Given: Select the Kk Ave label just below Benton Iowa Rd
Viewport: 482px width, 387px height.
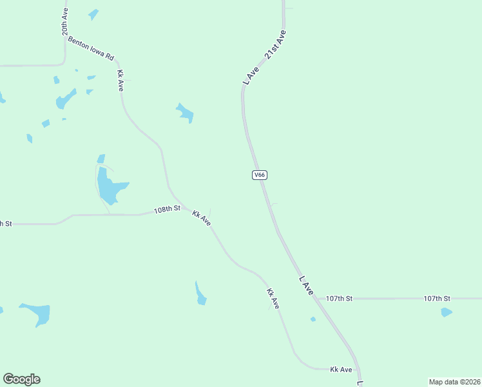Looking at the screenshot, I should point(120,80).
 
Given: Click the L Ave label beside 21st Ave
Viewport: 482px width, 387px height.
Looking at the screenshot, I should point(251,75).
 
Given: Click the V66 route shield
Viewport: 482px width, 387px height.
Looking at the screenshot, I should point(260,175).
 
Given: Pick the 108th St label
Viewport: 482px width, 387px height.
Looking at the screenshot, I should point(167,210).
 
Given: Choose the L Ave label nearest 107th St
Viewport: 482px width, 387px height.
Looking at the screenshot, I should point(306,286).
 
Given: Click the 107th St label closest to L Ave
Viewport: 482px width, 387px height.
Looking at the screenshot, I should point(339,299).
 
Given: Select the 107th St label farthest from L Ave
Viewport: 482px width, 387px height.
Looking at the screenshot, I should point(437,299).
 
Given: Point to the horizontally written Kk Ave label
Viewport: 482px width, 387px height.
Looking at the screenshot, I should point(341,370).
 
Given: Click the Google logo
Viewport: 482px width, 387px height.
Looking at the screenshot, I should point(21,379).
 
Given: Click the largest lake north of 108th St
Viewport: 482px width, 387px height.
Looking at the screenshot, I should point(109,186).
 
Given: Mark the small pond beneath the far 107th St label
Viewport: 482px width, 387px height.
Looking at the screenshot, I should point(447,313).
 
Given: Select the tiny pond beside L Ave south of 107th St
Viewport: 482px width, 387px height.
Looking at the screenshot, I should point(313,319).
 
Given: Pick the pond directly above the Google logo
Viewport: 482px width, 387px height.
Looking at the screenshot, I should point(36,313).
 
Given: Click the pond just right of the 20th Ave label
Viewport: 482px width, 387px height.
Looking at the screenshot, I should point(94,14).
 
